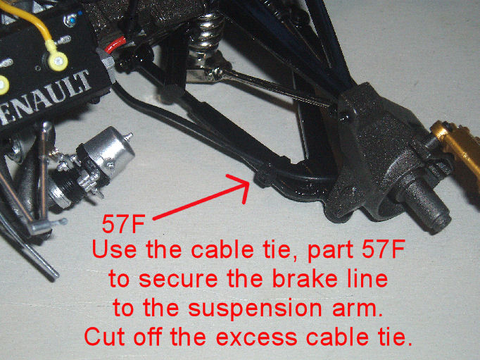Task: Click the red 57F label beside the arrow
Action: tap(123, 224)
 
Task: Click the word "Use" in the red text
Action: tap(114, 249)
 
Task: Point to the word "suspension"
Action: tap(255, 309)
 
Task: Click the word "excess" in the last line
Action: tap(256, 337)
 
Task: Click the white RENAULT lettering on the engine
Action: tap(46, 98)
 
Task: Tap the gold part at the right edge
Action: tap(458, 150)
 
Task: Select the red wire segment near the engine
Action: tap(115, 44)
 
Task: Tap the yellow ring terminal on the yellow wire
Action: tap(58, 60)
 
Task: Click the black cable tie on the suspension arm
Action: tap(263, 175)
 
